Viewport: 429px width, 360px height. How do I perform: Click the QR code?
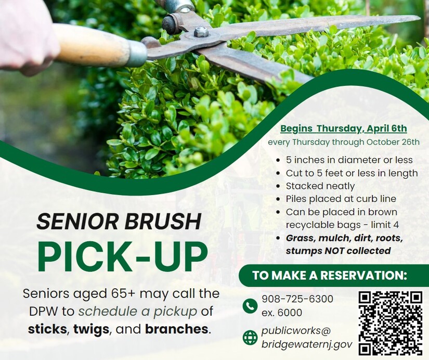click(x=391, y=323)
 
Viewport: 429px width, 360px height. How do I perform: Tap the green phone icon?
click(x=250, y=305)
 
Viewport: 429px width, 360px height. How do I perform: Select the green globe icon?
click(x=250, y=338)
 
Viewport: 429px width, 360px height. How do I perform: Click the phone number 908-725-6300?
click(x=297, y=299)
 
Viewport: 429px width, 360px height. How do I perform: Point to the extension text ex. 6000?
click(x=282, y=312)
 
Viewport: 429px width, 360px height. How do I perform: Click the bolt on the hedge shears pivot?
click(x=201, y=32)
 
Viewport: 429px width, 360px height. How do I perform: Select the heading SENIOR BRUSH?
click(x=119, y=221)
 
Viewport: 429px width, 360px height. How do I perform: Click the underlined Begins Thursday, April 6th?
click(x=344, y=128)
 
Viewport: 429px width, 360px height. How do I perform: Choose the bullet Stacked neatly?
click(x=320, y=186)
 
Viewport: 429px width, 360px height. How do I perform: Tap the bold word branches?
click(x=176, y=329)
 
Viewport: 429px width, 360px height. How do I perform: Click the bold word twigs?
click(x=91, y=329)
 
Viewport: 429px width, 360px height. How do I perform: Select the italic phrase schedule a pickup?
click(x=138, y=311)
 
